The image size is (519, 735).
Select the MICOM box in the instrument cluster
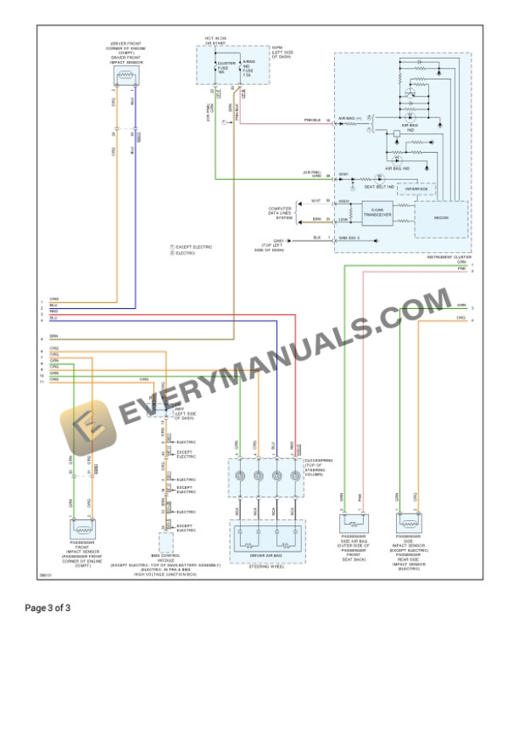point(440,218)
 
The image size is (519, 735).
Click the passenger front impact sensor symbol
point(83,528)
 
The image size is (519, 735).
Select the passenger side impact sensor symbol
point(408,524)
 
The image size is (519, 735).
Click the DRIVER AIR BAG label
point(266,555)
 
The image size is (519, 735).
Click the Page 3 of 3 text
point(47,608)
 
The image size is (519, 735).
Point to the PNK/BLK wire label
point(313,121)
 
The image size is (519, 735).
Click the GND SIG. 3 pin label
point(349,238)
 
